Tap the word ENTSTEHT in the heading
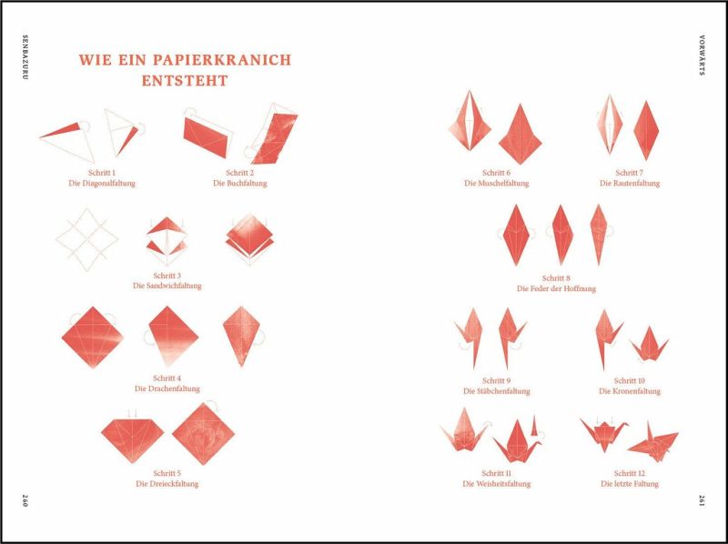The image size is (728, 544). tap(185, 81)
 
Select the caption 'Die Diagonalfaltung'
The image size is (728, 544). tap(102, 184)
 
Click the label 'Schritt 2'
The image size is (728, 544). tap(240, 173)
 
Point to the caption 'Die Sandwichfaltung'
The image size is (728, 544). tap(167, 286)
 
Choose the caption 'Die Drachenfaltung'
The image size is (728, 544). tap(167, 388)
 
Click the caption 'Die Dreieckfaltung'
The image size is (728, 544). tap(167, 484)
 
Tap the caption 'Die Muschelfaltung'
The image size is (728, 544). tap(496, 184)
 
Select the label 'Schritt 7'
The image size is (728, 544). tap(630, 173)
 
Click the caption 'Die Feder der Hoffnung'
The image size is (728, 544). tap(556, 288)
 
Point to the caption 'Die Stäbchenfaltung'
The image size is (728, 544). tap(496, 391)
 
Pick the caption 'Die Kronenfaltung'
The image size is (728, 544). tap(630, 391)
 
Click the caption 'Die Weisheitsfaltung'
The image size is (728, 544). tap(496, 484)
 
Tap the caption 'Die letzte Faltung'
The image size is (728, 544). tap(630, 484)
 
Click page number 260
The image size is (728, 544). tap(25, 500)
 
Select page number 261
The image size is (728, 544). tap(702, 500)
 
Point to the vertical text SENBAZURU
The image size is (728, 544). tap(25, 57)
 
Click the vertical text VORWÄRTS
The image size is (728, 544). tap(702, 55)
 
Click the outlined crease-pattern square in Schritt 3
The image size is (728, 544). tap(86, 239)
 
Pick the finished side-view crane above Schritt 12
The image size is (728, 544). tap(653, 442)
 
